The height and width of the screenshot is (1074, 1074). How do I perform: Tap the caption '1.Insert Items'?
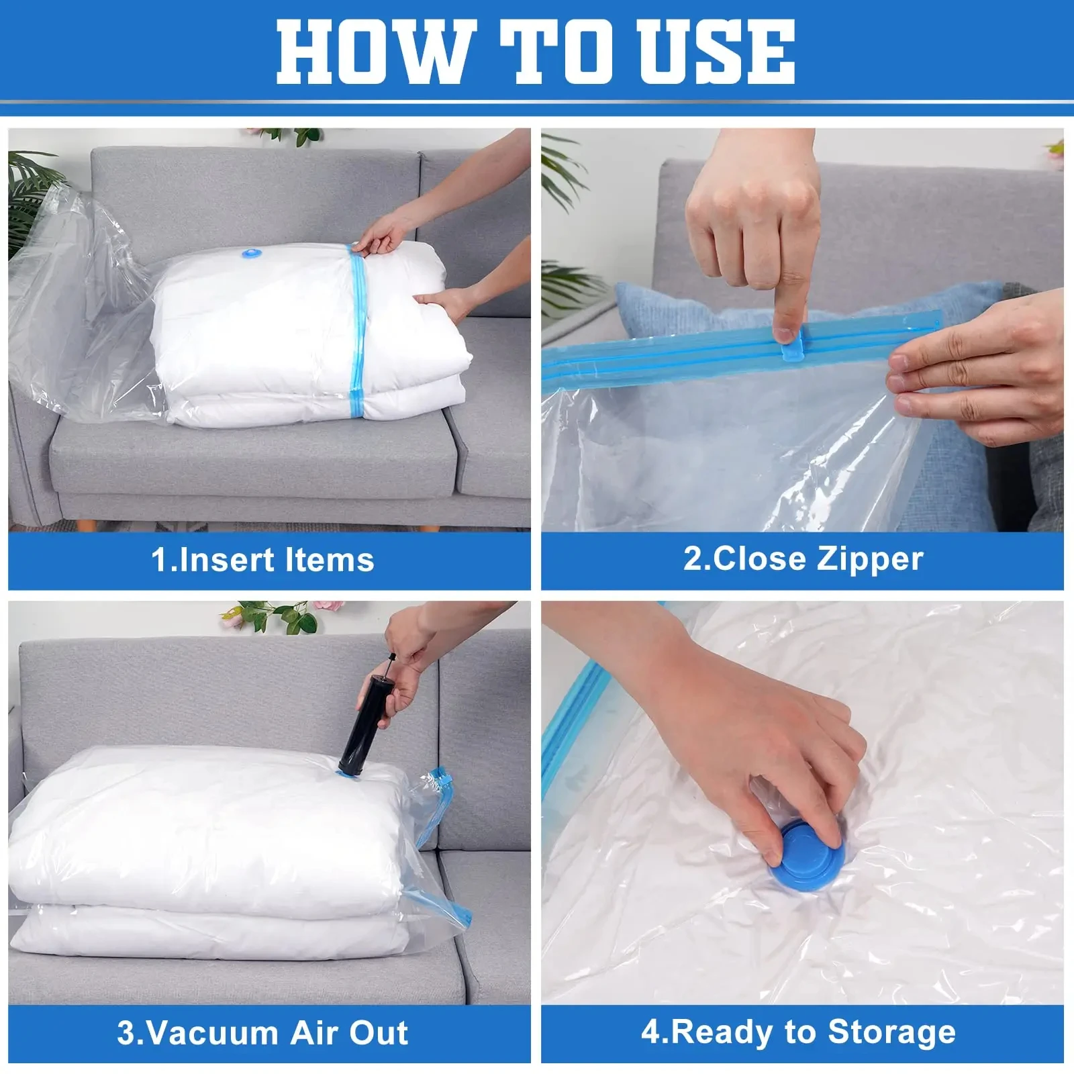(x=262, y=559)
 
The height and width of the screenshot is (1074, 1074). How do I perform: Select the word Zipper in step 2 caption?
(x=870, y=558)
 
